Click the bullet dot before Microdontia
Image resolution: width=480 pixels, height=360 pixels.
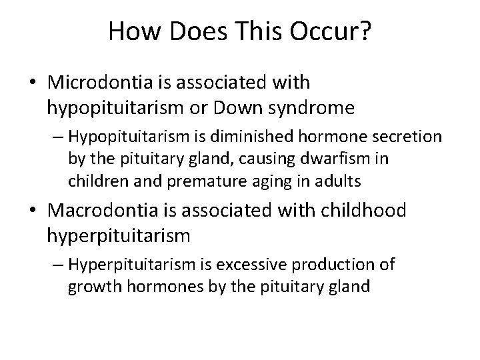click(33, 83)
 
